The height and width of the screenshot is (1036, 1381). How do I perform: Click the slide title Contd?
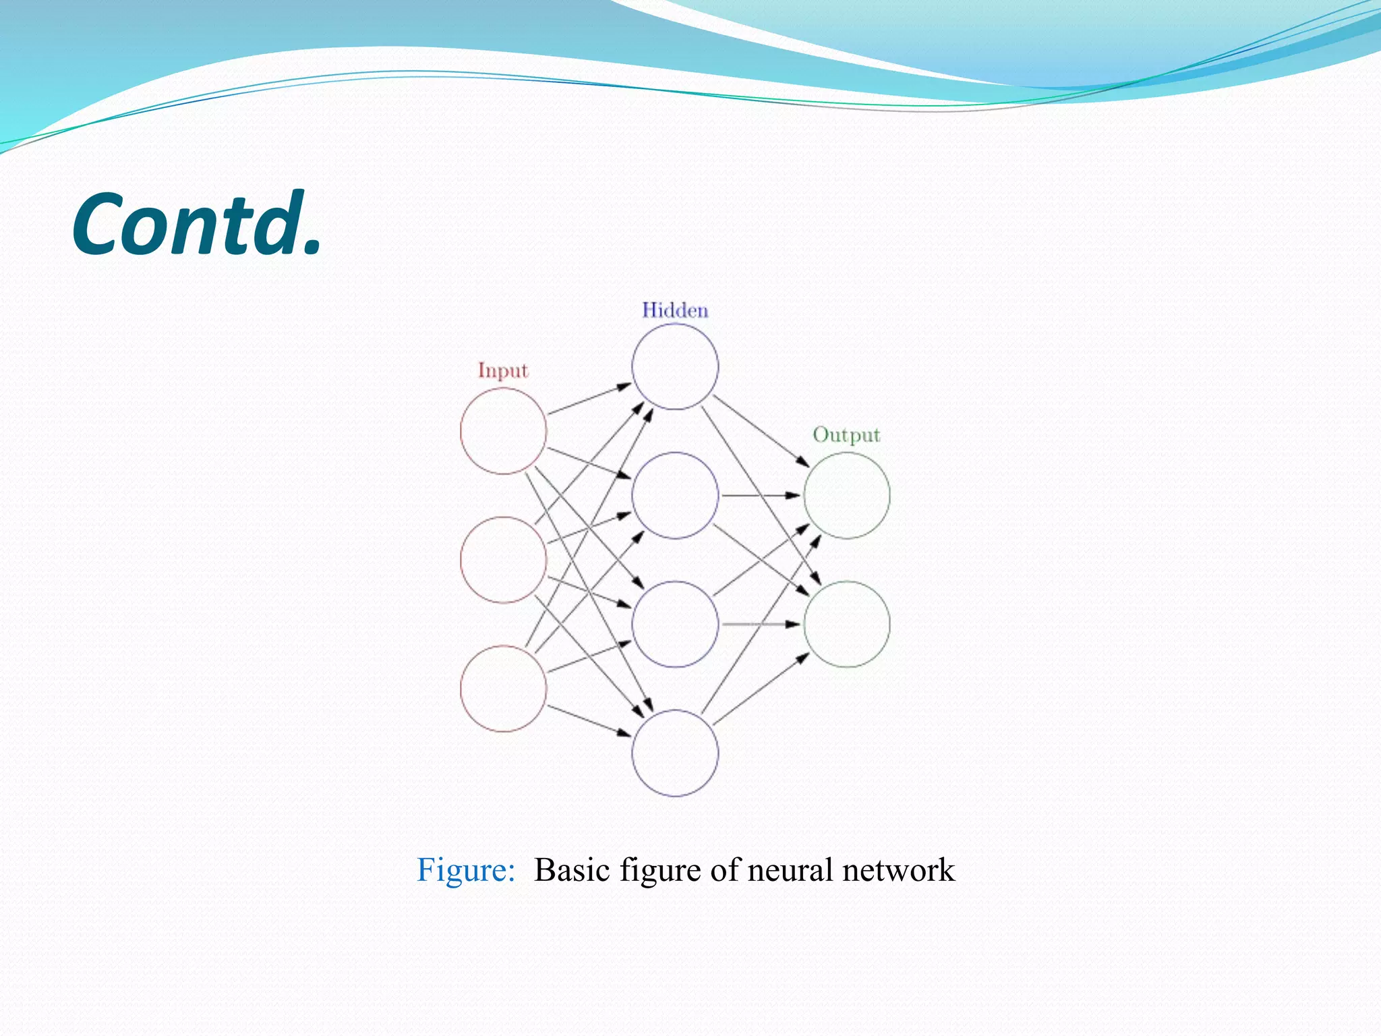click(x=196, y=224)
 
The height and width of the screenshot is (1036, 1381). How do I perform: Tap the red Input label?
click(x=502, y=370)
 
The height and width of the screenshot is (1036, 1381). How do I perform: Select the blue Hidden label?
click(x=674, y=310)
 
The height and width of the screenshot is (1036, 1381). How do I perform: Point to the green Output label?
click(x=846, y=434)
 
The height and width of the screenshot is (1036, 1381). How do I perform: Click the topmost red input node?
click(x=503, y=431)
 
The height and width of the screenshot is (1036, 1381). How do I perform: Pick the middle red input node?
click(x=503, y=560)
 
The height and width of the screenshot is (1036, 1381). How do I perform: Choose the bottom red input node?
click(x=503, y=689)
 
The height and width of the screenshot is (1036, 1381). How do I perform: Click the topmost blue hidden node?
click(x=675, y=366)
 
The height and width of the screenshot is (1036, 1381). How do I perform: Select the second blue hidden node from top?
click(x=675, y=495)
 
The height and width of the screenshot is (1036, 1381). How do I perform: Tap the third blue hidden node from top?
click(x=675, y=624)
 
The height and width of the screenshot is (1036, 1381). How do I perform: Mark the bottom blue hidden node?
click(x=675, y=753)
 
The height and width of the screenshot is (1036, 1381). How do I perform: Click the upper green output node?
click(x=847, y=495)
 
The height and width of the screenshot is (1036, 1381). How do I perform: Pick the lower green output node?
click(x=847, y=624)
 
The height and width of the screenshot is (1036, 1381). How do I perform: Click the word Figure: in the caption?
click(x=465, y=870)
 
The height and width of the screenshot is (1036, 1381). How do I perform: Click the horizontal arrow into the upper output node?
click(x=761, y=495)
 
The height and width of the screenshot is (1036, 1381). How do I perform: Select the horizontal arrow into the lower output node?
click(x=761, y=624)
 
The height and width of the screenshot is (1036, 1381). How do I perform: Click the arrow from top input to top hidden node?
click(x=589, y=399)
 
